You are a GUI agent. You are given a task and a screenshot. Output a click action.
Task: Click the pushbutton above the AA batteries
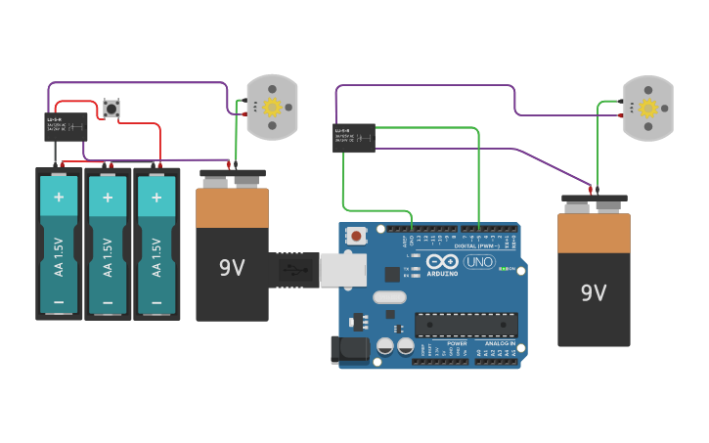(x=111, y=108)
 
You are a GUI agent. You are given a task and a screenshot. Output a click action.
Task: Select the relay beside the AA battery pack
(x=66, y=126)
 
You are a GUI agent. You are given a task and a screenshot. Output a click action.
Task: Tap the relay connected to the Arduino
(x=354, y=137)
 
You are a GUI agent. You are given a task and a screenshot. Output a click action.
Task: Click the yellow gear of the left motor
(x=273, y=107)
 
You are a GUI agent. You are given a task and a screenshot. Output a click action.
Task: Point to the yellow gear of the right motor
(x=648, y=108)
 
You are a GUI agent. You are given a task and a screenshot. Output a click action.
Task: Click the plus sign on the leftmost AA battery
(x=59, y=197)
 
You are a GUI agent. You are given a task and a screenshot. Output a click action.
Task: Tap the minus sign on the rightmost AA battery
(x=156, y=302)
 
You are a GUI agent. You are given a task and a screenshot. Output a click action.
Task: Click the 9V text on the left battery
(x=232, y=267)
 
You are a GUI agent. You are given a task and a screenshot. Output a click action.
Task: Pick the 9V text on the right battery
(x=594, y=292)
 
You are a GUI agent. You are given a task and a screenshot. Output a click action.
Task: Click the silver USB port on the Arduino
(x=342, y=269)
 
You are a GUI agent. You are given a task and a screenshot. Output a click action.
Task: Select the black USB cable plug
(x=293, y=269)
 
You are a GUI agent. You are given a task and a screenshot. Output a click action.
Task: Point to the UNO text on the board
(x=478, y=261)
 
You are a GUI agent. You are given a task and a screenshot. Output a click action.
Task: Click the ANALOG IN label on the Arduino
(x=496, y=343)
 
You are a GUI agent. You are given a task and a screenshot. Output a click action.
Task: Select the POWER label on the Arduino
(x=457, y=343)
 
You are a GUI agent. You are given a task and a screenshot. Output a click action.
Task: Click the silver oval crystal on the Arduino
(x=389, y=297)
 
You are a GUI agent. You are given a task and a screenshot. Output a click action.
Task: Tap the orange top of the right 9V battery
(x=594, y=234)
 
